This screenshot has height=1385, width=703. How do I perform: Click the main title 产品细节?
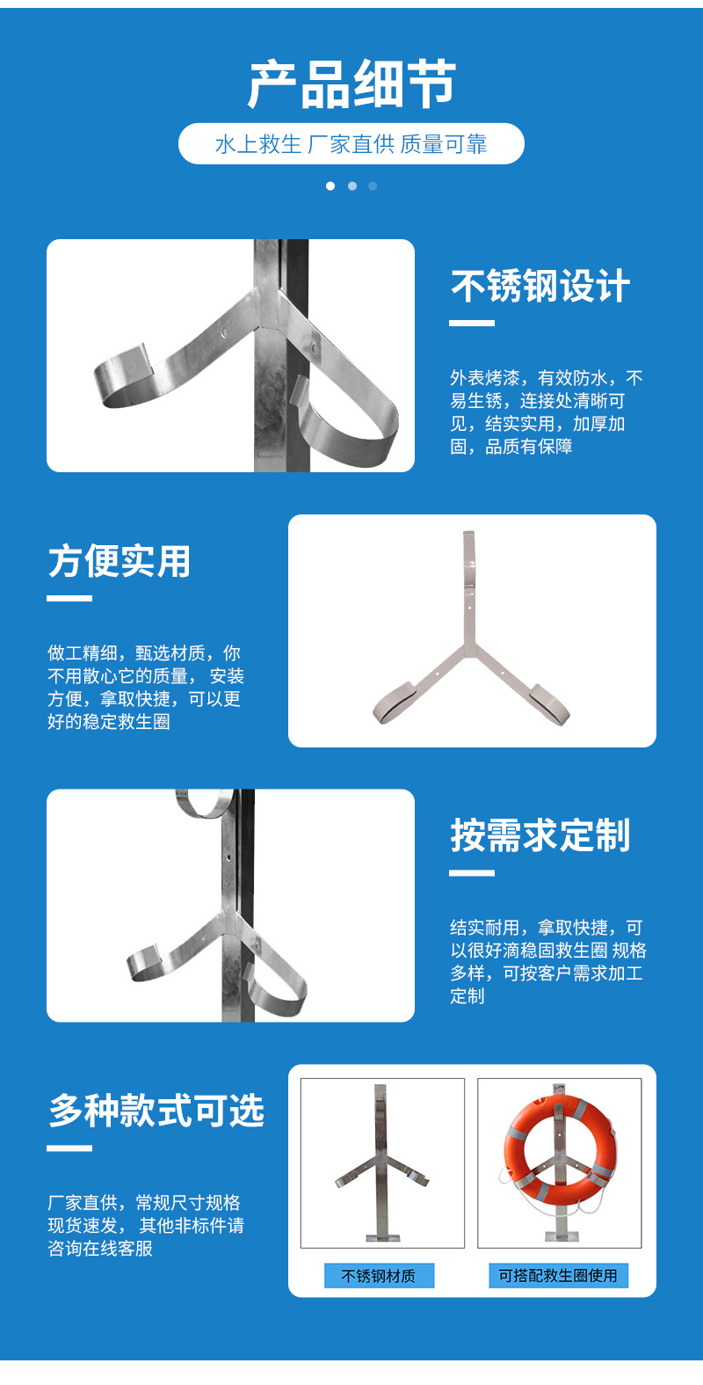point(351,85)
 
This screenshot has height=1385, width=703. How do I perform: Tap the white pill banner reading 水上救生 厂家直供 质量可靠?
point(351,144)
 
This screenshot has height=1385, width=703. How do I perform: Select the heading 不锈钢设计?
point(540,287)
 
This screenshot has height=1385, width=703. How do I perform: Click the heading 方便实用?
point(120,562)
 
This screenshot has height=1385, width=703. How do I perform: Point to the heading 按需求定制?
point(540,835)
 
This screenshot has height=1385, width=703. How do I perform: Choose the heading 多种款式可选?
point(156,1111)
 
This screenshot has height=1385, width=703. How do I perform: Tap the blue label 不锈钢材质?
point(379,1276)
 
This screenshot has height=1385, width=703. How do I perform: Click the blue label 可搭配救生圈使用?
point(558,1276)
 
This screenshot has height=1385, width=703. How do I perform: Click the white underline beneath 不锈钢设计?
point(472,324)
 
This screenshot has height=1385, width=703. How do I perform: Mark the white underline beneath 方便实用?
point(69,599)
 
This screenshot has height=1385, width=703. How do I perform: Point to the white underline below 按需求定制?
point(472,873)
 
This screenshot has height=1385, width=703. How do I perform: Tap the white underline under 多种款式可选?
point(69,1148)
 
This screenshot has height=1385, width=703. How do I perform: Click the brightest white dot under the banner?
point(330,186)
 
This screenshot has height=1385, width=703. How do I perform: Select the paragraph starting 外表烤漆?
point(546,412)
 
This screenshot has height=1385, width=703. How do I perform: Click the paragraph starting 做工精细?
point(145,688)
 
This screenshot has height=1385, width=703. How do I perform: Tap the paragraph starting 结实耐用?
point(547,962)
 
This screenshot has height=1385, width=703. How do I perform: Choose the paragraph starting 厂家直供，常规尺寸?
point(145,1226)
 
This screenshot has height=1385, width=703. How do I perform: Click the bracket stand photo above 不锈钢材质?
point(382,1163)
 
